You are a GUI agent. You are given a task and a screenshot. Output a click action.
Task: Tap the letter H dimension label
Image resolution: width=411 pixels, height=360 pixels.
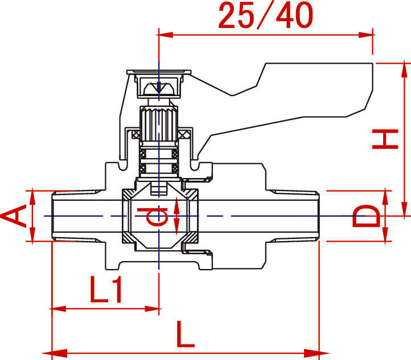(x=385, y=139)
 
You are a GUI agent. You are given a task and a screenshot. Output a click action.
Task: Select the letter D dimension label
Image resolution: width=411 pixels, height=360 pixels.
(x=365, y=217)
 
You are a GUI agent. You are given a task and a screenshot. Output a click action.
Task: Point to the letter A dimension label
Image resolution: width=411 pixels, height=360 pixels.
(x=14, y=217)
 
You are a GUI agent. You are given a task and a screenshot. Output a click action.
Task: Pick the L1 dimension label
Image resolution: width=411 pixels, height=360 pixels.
(x=106, y=291)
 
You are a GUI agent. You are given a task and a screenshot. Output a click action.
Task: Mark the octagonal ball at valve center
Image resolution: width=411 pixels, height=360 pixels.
(x=159, y=217)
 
